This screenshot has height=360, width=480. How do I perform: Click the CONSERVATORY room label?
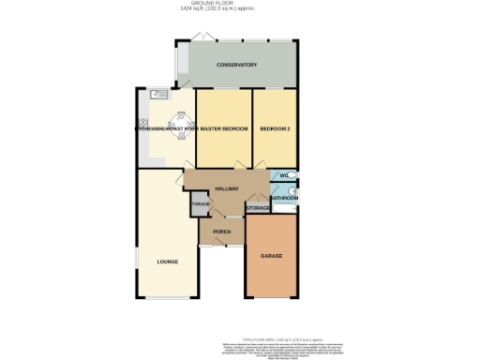click(x=236, y=65)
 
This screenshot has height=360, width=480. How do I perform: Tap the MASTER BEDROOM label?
click(x=223, y=128)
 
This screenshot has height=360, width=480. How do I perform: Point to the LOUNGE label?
click(x=168, y=262)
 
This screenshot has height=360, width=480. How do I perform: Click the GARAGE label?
click(x=271, y=256)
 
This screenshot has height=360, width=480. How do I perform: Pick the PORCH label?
click(x=222, y=231)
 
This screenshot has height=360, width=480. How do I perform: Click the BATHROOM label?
click(x=284, y=198)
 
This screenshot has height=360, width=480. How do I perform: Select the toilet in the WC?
click(x=292, y=175)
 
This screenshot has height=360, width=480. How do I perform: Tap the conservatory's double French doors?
click(x=198, y=38)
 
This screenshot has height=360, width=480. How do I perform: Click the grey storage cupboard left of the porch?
click(x=200, y=205)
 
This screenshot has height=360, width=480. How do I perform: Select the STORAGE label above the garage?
click(x=257, y=207)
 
